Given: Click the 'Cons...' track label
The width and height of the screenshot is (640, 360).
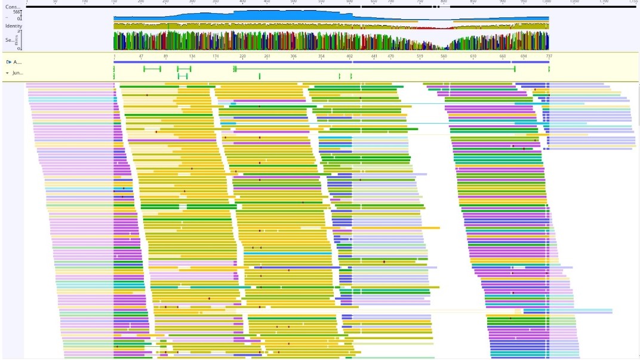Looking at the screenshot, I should click(13, 7).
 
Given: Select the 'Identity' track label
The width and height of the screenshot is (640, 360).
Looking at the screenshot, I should click(14, 26).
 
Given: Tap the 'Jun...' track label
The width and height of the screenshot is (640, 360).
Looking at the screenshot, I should click(17, 73).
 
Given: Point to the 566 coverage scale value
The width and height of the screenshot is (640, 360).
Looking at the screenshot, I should click(17, 12).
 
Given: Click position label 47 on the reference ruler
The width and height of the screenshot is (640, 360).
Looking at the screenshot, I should click(141, 56).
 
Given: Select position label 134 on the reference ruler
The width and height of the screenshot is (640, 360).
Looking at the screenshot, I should click(192, 56).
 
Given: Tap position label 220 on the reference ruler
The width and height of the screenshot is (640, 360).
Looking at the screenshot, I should click(242, 56).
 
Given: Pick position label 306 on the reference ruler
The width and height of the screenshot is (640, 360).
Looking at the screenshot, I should click(293, 56).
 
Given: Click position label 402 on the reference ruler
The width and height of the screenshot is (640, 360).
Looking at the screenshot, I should click(349, 56).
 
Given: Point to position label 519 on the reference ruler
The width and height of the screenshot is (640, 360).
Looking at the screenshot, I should click(420, 56).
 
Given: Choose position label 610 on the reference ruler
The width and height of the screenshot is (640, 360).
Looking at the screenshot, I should click(473, 56).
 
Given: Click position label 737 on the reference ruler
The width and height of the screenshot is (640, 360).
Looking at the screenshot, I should click(549, 56).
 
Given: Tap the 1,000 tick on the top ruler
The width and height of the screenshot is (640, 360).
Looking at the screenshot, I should click(546, 2).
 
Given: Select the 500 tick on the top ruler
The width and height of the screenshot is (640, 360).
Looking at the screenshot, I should click(293, 2).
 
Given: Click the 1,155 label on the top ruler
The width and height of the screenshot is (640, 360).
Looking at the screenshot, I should click(633, 2).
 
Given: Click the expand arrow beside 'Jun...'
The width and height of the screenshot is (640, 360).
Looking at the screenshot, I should click(7, 73).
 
